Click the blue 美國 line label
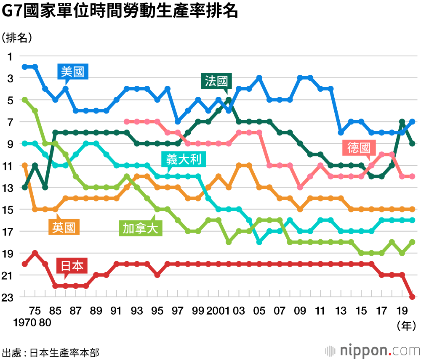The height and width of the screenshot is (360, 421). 72,72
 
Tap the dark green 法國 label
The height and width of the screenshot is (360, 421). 216,81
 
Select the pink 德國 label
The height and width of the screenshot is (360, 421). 359,148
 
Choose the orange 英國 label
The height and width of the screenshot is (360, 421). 64,228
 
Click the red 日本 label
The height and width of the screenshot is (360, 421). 72,266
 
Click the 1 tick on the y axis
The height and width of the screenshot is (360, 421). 10,56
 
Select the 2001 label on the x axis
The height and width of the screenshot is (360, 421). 218,311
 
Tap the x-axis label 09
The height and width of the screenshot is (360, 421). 300,311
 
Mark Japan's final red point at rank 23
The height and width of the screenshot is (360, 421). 412,297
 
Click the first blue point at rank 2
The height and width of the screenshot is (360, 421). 25,67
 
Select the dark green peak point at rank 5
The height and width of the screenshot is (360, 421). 229,100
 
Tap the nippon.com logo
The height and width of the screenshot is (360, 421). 372,350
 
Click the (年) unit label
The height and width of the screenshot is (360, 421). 406,325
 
